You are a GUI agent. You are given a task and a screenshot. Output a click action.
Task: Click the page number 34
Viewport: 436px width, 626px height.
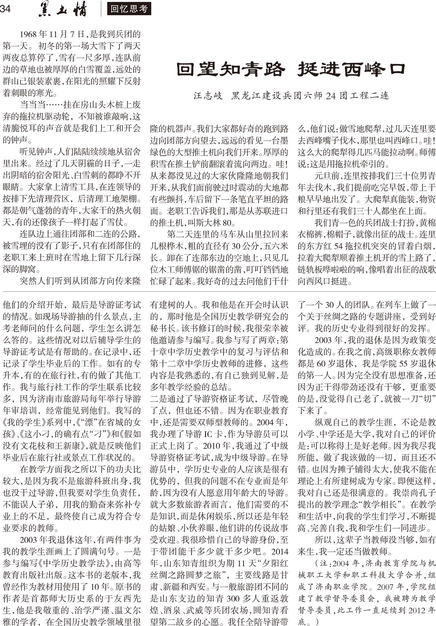coord(5,9)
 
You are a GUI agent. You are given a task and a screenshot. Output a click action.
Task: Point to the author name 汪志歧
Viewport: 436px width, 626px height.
coord(208,95)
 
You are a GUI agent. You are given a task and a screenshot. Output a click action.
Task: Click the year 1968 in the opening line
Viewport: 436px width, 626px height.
coord(28,34)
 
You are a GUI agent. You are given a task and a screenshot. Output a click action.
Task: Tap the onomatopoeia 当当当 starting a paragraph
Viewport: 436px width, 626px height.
coord(33,105)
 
